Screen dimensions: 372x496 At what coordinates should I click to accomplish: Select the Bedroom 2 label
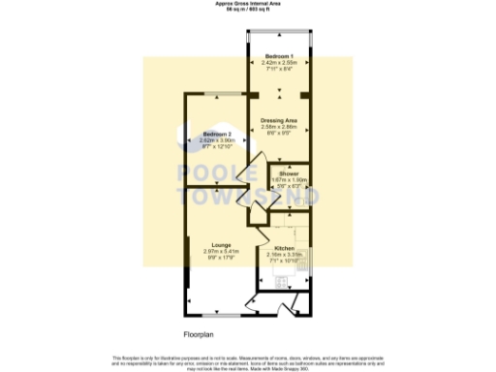(217, 133)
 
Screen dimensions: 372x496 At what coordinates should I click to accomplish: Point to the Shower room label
(289, 173)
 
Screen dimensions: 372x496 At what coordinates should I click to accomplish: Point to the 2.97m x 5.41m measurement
(221, 251)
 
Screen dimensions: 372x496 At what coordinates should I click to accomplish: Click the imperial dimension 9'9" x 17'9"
(221, 257)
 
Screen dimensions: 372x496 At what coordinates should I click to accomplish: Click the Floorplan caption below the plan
(198, 332)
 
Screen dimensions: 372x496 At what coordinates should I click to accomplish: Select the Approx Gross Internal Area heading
(249, 3)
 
